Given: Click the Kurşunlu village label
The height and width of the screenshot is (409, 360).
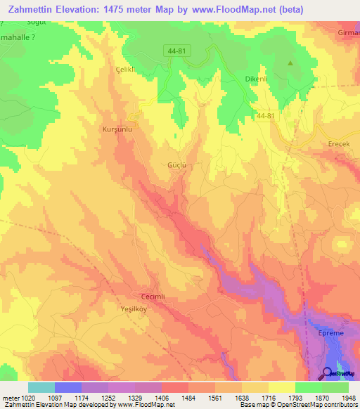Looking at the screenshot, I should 117,130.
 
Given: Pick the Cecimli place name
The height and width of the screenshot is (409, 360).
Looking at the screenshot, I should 153,297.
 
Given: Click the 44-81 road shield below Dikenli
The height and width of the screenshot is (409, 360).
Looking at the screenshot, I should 266,115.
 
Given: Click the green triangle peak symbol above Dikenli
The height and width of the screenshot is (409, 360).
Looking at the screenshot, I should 290,64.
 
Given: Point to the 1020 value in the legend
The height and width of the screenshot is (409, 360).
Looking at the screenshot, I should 26,398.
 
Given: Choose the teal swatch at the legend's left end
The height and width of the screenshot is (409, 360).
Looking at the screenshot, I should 41,387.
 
